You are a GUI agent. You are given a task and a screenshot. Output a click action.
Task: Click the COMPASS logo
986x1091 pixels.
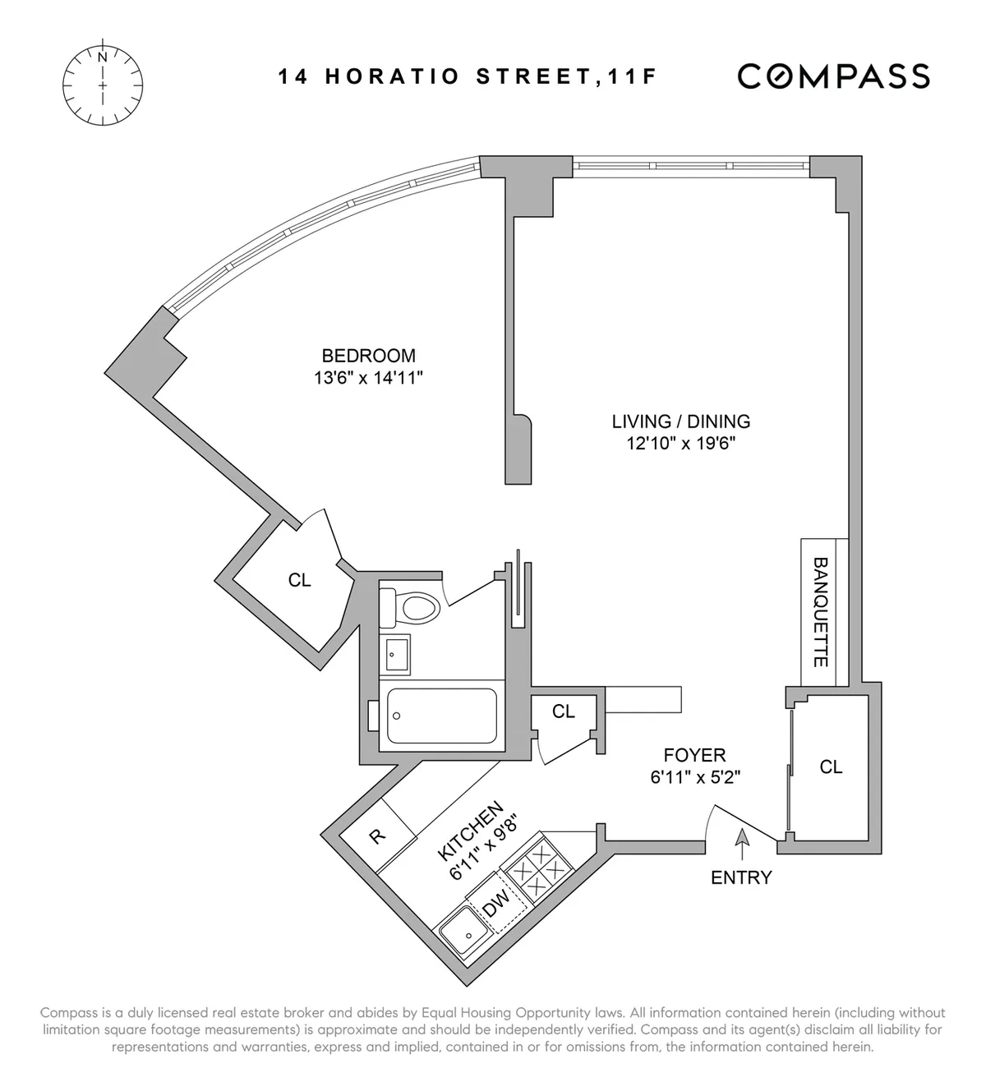click(x=833, y=76)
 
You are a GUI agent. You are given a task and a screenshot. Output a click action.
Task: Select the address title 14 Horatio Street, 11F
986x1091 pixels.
click(x=468, y=77)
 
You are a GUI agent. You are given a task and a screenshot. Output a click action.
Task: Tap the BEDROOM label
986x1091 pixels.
click(x=368, y=356)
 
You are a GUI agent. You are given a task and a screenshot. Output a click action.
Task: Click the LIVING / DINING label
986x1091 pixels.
click(x=680, y=421)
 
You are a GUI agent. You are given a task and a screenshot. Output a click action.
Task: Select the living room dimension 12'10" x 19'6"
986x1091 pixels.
click(x=680, y=444)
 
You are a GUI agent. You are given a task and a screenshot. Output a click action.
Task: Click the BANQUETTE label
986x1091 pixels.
click(x=820, y=612)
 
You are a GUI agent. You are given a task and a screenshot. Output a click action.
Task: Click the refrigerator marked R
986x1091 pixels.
click(x=376, y=837)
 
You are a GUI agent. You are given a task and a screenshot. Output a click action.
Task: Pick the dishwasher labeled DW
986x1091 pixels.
click(x=495, y=906)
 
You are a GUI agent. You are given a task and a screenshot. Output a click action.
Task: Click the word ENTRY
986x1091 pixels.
click(x=741, y=877)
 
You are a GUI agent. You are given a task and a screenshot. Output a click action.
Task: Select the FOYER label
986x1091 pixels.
click(x=694, y=754)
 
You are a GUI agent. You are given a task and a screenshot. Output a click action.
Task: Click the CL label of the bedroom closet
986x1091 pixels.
click(x=300, y=580)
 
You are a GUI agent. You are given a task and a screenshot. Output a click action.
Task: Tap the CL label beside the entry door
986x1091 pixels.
click(x=831, y=766)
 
